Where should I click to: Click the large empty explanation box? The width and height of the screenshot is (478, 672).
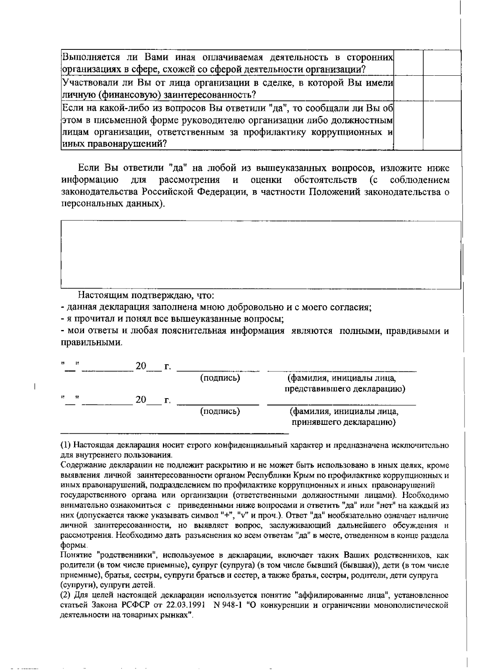point(261,254)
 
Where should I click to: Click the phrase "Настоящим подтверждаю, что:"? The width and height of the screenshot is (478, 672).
point(146,296)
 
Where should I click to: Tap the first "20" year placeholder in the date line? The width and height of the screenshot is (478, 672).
point(141,365)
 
